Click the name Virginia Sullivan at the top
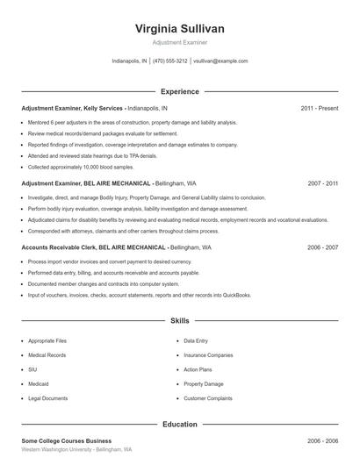pyautogui.click(x=180, y=29)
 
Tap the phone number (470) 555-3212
pyautogui.click(x=170, y=61)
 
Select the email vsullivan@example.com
pyautogui.click(x=220, y=61)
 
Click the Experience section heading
pyautogui.click(x=180, y=91)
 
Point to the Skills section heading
pyautogui.click(x=180, y=322)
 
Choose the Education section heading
pyautogui.click(x=180, y=424)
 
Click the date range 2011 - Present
pyautogui.click(x=319, y=109)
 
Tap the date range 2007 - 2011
pyautogui.click(x=322, y=184)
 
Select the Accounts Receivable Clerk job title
pyautogui.click(x=57, y=248)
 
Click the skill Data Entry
pyautogui.click(x=195, y=340)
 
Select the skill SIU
pyautogui.click(x=32, y=370)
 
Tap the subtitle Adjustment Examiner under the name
pyautogui.click(x=180, y=43)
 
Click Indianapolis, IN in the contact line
pyautogui.click(x=129, y=61)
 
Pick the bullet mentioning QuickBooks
pyautogui.click(x=139, y=296)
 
